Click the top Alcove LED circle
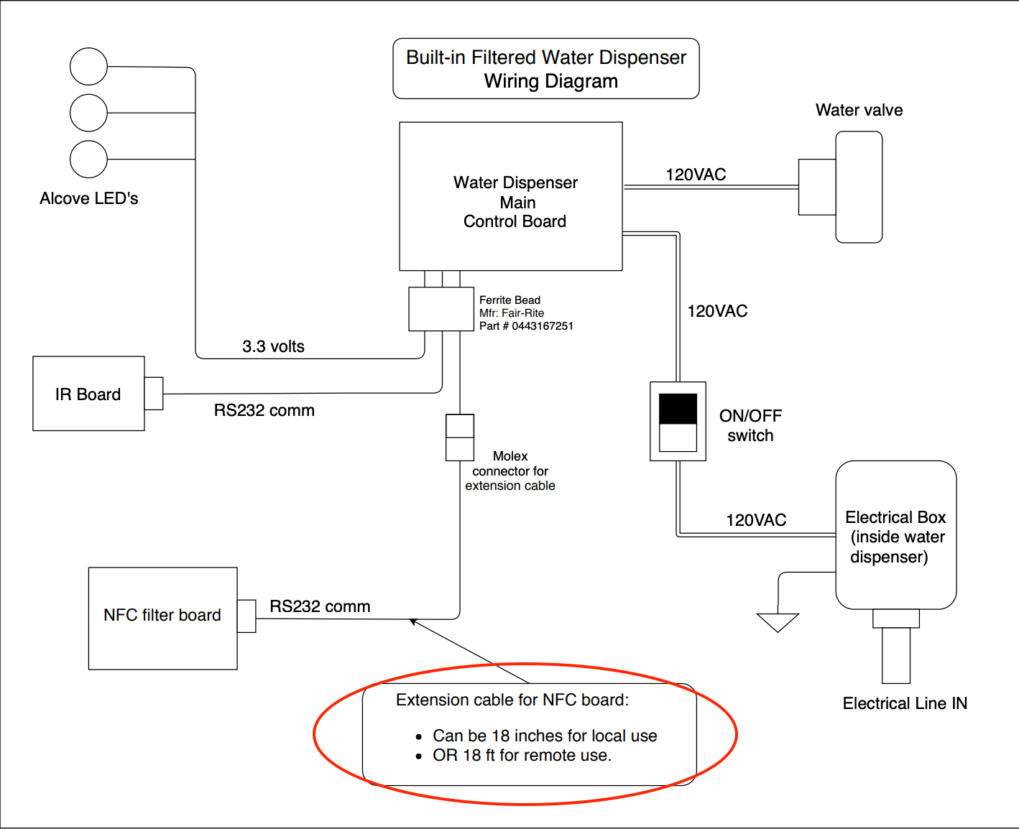pyautogui.click(x=88, y=66)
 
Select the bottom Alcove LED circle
pyautogui.click(x=88, y=159)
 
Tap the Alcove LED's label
pyautogui.click(x=89, y=198)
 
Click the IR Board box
pyautogui.click(x=88, y=394)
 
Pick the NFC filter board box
pyautogui.click(x=162, y=618)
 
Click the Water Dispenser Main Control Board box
pyautogui.click(x=511, y=196)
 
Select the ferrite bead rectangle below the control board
pyautogui.click(x=441, y=309)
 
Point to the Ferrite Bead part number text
pyautogui.click(x=526, y=326)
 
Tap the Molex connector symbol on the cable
pyautogui.click(x=460, y=437)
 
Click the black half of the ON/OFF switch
pyautogui.click(x=678, y=409)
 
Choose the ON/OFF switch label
pyautogui.click(x=750, y=425)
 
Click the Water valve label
pyautogui.click(x=859, y=110)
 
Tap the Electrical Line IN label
pyautogui.click(x=905, y=703)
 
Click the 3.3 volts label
pyautogui.click(x=273, y=346)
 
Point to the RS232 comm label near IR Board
pyautogui.click(x=264, y=410)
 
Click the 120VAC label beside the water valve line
pyautogui.click(x=696, y=175)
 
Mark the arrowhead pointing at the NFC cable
pyautogui.click(x=412, y=621)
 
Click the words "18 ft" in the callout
pyautogui.click(x=479, y=755)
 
